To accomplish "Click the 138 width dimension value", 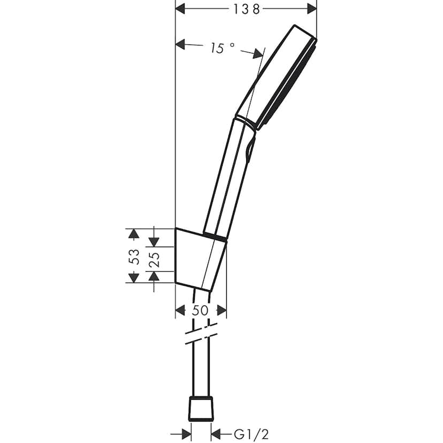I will coord(247,9).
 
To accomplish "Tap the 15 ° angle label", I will coord(222,48).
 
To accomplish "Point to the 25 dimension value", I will coord(154,259).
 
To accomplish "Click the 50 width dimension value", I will coord(201,310).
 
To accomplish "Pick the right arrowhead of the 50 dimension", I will coord(222,310).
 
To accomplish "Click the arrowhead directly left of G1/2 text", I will coord(217,433).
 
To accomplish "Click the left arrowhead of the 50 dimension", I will coord(180,310).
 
